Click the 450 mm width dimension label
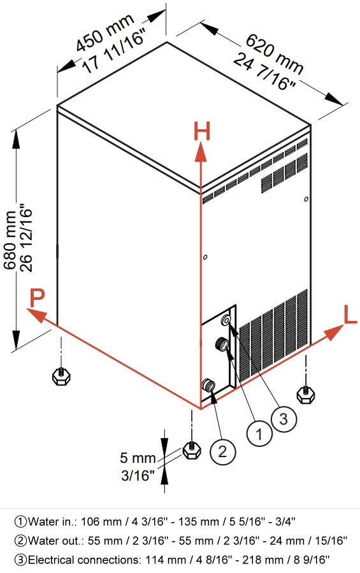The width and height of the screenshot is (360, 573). (x=105, y=32)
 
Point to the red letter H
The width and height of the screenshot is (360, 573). (x=201, y=132)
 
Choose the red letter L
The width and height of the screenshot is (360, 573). (x=350, y=315)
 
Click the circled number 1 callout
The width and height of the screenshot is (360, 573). (x=259, y=434)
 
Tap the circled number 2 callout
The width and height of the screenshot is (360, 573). (x=222, y=451)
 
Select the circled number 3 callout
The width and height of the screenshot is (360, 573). (x=284, y=419)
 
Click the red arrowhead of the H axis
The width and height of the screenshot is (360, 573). (x=201, y=152)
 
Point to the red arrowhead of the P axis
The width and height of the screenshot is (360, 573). (x=37, y=315)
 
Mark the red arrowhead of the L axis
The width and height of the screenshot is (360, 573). (x=334, y=332)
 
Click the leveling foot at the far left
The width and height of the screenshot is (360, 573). (x=61, y=376)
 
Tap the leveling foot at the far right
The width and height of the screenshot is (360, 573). (x=305, y=395)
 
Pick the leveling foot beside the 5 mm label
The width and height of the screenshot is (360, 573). (x=191, y=450)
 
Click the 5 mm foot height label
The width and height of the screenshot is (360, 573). (x=138, y=458)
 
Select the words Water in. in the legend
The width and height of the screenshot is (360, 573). (x=52, y=521)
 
